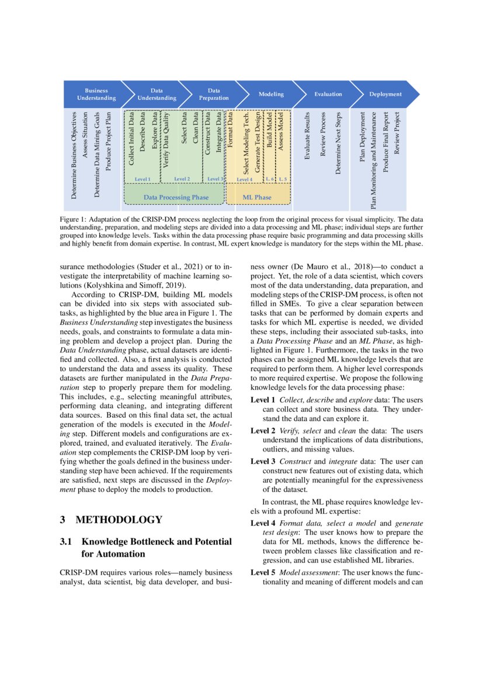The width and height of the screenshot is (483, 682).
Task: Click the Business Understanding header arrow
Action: (x=97, y=94)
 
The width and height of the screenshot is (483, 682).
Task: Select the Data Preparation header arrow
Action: (x=214, y=94)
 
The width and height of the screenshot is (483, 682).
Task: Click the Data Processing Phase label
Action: (x=176, y=197)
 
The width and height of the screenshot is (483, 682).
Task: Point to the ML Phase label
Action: (x=257, y=197)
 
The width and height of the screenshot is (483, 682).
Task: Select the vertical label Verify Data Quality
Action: (x=166, y=141)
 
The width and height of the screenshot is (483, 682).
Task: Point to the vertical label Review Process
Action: (x=322, y=135)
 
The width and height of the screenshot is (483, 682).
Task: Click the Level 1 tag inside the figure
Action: (x=143, y=179)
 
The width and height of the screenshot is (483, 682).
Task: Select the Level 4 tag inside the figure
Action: (x=244, y=179)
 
